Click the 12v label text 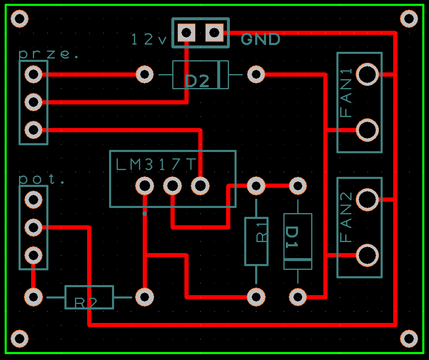point(149,40)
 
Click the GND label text point(261,40)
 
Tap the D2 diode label point(197,81)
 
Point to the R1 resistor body point(256,241)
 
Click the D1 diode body point(298,241)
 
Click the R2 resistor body point(89,297)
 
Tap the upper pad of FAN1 point(367,74)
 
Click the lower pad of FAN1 point(367,130)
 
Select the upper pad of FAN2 point(367,200)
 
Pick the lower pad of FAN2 point(367,255)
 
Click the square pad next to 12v point(187,32)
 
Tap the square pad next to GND point(214,32)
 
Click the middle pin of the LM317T point(172,186)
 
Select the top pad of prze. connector point(33,74)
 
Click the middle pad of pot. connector point(33,227)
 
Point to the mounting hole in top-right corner point(409,19)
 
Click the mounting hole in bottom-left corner point(19,339)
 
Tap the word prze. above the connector point(49,54)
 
